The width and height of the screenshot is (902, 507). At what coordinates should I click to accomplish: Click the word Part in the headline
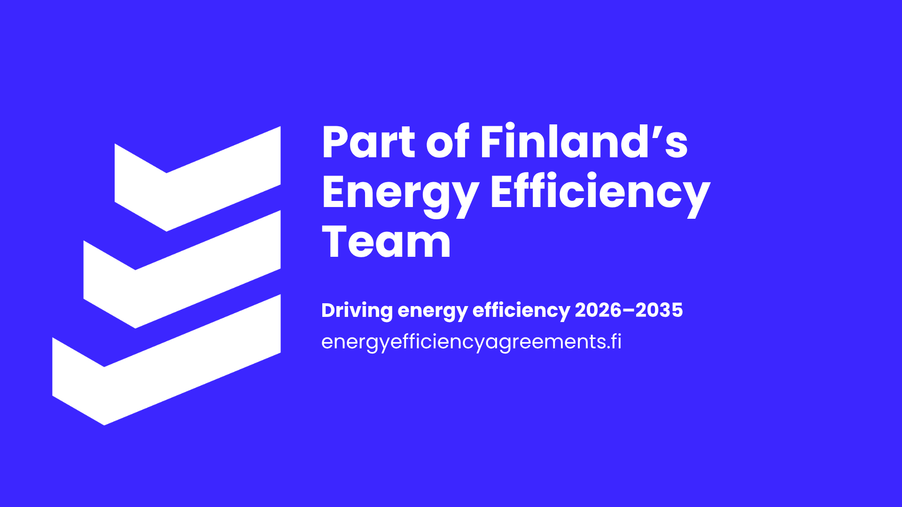point(369,142)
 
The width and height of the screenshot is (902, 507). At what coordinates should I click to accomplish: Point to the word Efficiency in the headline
point(600,194)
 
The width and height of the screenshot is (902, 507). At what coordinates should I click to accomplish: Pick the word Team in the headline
point(386,242)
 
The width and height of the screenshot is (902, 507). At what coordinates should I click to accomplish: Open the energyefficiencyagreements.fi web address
point(471,342)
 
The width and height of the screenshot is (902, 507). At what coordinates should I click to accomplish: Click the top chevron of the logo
point(198,179)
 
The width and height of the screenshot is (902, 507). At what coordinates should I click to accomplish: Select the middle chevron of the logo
point(182,269)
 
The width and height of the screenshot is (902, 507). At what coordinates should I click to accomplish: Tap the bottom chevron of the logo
point(166,360)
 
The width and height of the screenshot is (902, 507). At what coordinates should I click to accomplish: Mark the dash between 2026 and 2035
point(629,311)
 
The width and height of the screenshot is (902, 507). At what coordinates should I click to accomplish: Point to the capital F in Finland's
point(491,142)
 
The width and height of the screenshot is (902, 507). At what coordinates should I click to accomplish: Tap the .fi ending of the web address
point(613,342)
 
